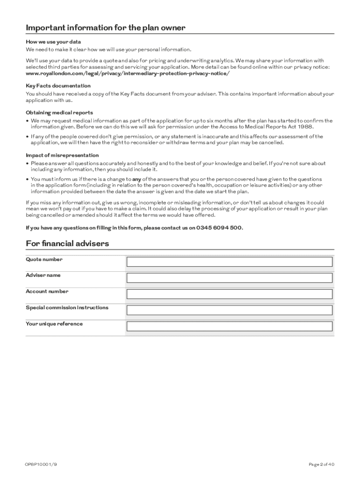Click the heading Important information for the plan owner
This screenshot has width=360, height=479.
click(x=106, y=28)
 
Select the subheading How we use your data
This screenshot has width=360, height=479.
click(x=53, y=42)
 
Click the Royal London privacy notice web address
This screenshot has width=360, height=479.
click(x=128, y=74)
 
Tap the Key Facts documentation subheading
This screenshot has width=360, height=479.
click(x=58, y=86)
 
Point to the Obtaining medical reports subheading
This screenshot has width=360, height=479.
click(x=59, y=113)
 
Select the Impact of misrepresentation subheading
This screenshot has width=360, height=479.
click(x=62, y=155)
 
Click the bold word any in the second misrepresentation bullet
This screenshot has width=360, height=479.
click(x=137, y=179)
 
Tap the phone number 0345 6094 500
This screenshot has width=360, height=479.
click(x=219, y=228)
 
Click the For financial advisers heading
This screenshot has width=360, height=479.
click(x=67, y=244)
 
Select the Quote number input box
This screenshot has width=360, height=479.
click(x=230, y=262)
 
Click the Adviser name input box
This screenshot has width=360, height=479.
click(x=230, y=278)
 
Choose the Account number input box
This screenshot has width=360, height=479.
click(x=230, y=294)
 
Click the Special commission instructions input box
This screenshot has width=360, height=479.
click(x=230, y=310)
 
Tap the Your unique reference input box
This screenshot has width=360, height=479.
click(x=230, y=327)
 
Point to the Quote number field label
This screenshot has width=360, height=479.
click(x=44, y=259)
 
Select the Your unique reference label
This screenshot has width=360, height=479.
click(x=54, y=324)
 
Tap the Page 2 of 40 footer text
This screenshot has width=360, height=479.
click(x=321, y=464)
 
